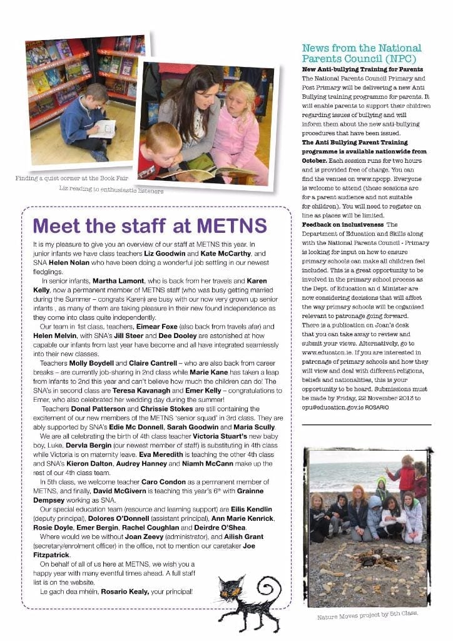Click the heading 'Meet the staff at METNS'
tap(150, 225)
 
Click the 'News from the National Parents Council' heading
tap(362, 53)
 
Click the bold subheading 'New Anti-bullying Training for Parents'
tap(362, 69)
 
